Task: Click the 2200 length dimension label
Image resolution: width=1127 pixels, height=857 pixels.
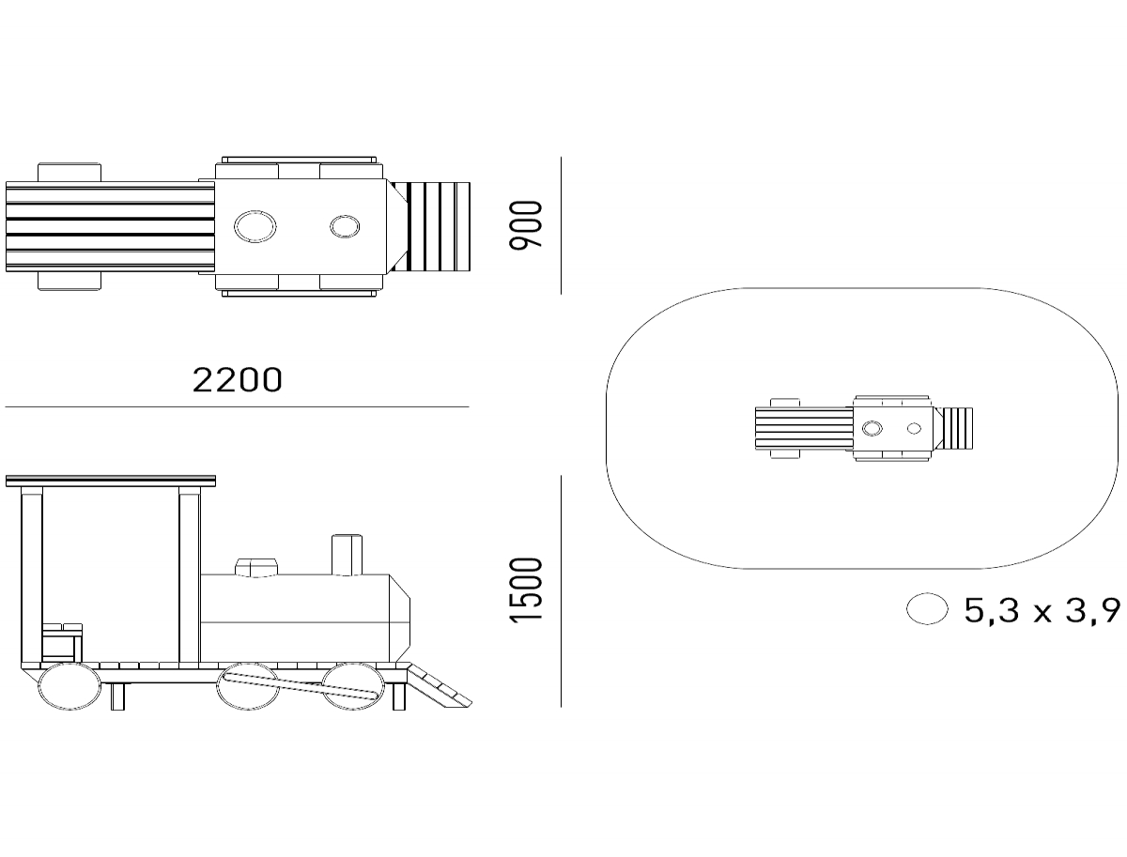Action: pyautogui.click(x=238, y=380)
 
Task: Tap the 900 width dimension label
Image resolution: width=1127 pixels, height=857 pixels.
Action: pyautogui.click(x=525, y=225)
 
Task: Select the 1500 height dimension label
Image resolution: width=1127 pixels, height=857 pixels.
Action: pyautogui.click(x=525, y=590)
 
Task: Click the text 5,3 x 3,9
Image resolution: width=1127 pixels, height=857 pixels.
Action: pyautogui.click(x=1042, y=611)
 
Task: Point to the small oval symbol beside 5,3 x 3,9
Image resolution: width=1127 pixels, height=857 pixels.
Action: pyautogui.click(x=927, y=609)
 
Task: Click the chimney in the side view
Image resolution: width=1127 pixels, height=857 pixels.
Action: pyautogui.click(x=347, y=555)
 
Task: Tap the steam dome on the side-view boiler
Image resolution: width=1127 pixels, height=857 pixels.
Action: pyautogui.click(x=256, y=568)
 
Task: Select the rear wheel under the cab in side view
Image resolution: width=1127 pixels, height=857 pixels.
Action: pyautogui.click(x=69, y=686)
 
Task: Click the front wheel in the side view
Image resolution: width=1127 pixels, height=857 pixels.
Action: pyautogui.click(x=353, y=686)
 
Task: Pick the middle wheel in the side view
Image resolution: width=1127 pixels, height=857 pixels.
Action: pyautogui.click(x=248, y=686)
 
